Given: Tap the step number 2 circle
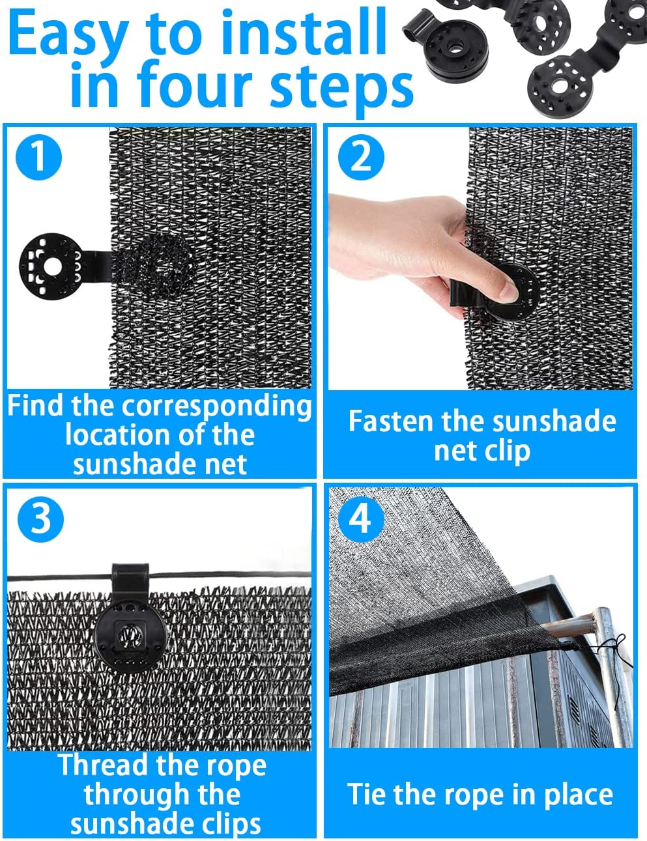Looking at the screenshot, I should tap(360, 156).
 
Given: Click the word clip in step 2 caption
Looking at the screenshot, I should tap(508, 451).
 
